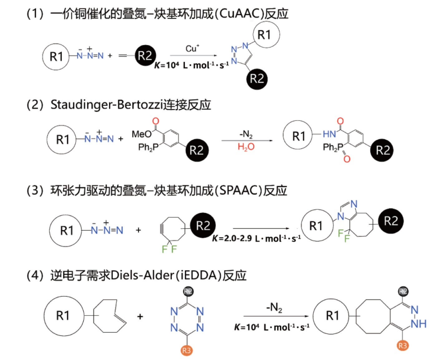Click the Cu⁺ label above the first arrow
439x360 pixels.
[x=192, y=49]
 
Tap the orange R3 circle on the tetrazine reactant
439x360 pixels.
[x=186, y=350]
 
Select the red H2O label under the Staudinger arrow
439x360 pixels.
[x=246, y=146]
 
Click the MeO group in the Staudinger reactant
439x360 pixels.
[x=141, y=134]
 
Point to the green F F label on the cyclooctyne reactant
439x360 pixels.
[x=169, y=249]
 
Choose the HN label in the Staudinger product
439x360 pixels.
[x=329, y=134]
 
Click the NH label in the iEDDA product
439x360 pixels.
[x=418, y=324]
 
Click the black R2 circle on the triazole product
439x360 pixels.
[x=257, y=79]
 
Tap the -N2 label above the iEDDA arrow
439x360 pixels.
[x=274, y=307]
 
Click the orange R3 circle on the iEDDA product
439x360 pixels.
[x=402, y=345]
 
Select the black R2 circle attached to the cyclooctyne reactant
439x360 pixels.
[x=203, y=225]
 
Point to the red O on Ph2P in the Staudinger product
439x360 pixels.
[x=347, y=159]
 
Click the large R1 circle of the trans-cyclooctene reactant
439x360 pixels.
[x=64, y=316]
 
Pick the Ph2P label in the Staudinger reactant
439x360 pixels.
[x=148, y=147]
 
